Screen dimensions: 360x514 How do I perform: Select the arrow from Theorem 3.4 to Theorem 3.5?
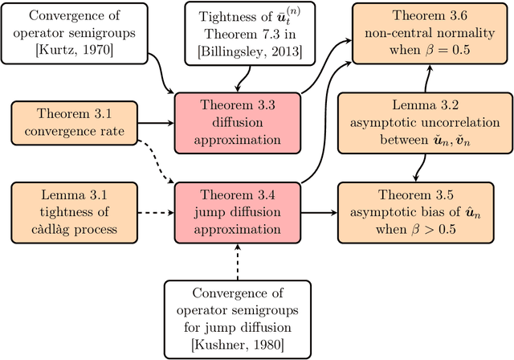click(319, 213)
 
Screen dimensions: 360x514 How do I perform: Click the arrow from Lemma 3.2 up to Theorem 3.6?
click(428, 78)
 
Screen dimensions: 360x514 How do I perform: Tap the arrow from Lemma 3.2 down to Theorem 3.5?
click(419, 167)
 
